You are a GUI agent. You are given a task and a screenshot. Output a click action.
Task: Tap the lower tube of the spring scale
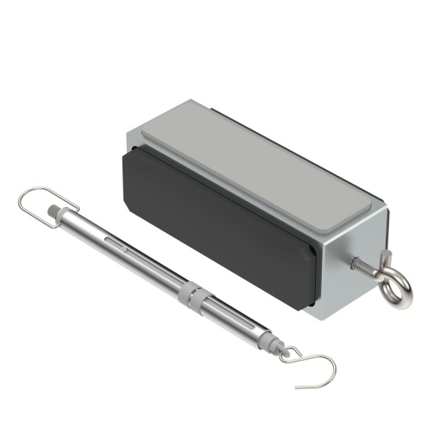[x=237, y=318]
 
